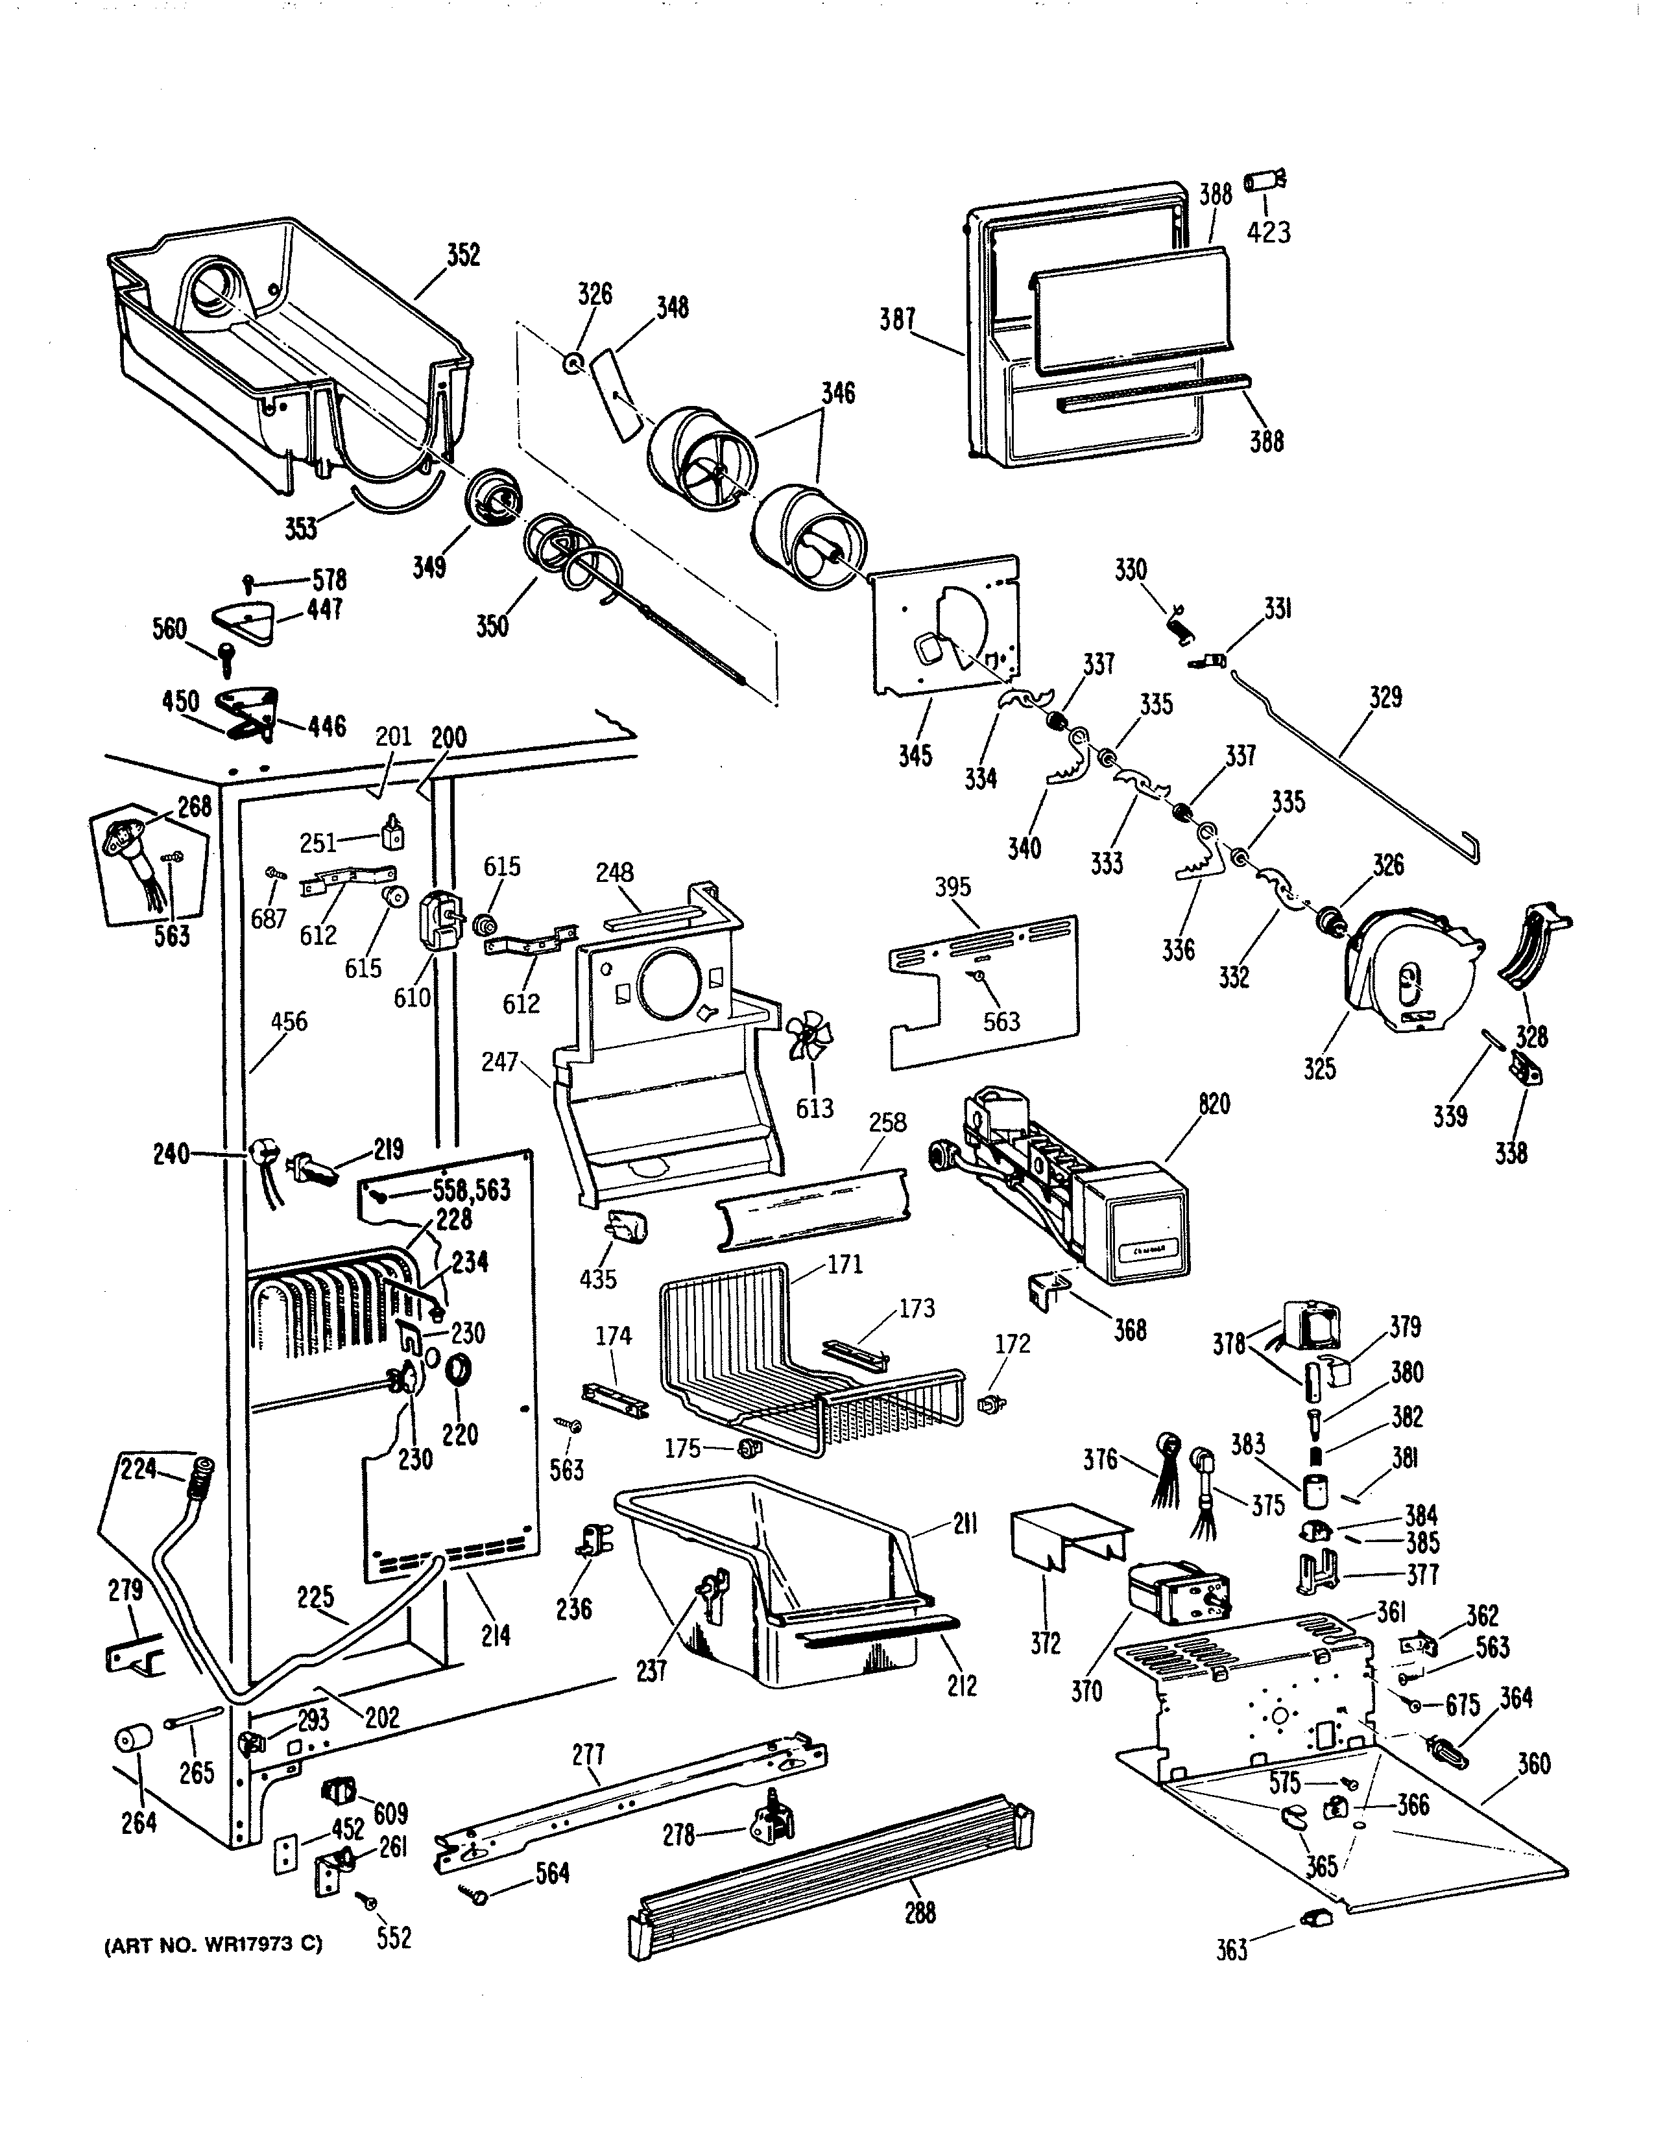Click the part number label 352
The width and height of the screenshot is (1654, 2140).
coord(464,255)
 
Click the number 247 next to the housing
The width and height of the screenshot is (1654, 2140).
coord(499,1060)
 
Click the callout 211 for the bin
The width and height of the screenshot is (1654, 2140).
coord(965,1526)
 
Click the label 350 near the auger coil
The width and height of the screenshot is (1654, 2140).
coord(492,625)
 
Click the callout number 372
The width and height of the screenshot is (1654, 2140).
coord(1046,1644)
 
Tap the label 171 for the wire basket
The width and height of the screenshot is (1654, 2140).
coord(845,1265)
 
